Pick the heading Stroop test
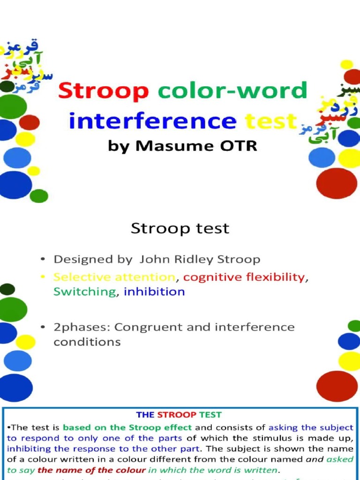pos(180,228)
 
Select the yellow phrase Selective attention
pos(114,277)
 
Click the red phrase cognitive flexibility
pos(244,277)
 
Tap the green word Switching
pos(84,292)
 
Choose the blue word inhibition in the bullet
pos(154,292)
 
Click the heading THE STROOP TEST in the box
pos(179,415)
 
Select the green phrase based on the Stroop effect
pos(127,427)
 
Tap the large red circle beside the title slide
pos(337,183)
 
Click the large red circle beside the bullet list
pos(337,386)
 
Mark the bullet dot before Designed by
pos(43,259)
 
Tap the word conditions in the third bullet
pos(87,342)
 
